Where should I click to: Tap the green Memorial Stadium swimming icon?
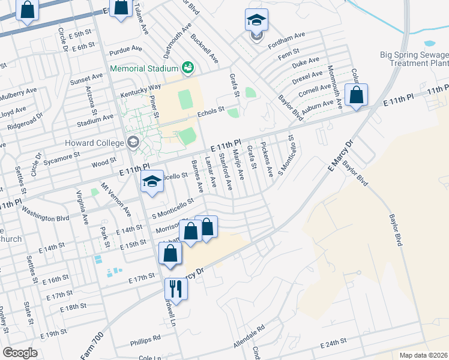pyautogui.click(x=188, y=67)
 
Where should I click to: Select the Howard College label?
pyautogui.click(x=97, y=142)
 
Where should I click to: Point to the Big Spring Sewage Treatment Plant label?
pyautogui.click(x=415, y=59)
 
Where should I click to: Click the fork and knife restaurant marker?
pyautogui.click(x=176, y=289)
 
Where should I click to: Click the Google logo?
pyautogui.click(x=20, y=353)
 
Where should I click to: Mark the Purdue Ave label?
pyautogui.click(x=127, y=49)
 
